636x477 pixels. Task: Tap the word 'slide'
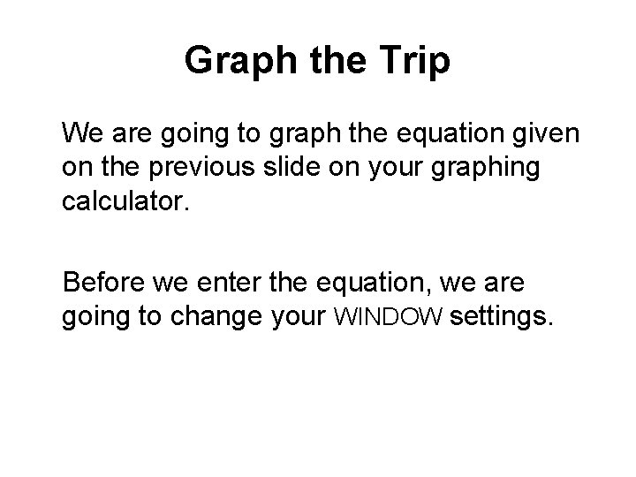292,167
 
